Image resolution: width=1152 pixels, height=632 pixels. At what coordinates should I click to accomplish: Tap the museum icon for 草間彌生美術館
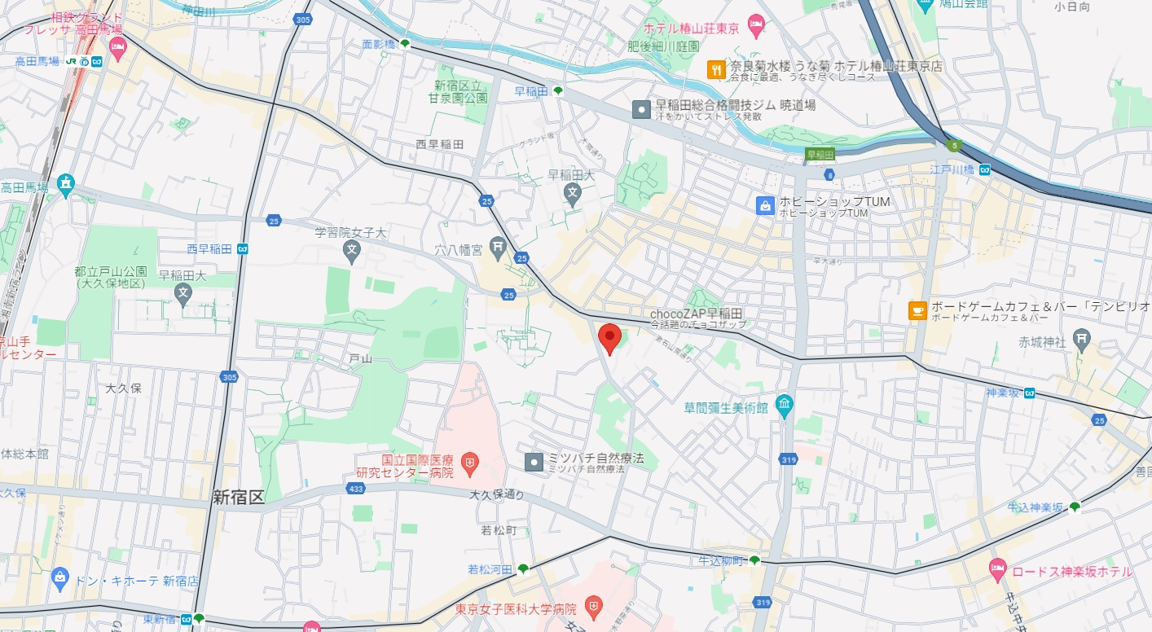[x=784, y=405]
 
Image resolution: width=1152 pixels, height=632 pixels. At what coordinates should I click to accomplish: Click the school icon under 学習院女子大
[x=352, y=250]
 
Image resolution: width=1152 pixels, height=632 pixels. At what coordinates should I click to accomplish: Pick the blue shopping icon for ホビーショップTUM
[x=766, y=205]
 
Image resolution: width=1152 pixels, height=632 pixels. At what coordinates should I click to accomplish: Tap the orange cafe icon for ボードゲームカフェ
[x=917, y=310]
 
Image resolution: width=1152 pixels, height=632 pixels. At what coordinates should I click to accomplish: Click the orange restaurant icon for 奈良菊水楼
[x=716, y=69]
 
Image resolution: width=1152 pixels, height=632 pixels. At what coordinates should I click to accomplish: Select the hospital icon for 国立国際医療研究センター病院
[x=469, y=465]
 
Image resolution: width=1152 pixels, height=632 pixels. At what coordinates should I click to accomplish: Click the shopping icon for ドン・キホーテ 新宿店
[x=59, y=580]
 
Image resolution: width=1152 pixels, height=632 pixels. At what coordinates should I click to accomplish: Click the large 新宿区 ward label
[x=239, y=497]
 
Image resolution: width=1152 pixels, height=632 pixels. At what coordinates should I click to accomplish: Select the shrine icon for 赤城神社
[x=1081, y=338]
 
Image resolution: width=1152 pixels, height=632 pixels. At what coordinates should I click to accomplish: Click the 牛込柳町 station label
[x=721, y=560]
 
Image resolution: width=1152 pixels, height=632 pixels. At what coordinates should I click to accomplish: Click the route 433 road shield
[x=354, y=489]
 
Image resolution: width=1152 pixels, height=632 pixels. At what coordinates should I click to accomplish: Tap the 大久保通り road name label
[x=497, y=494]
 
